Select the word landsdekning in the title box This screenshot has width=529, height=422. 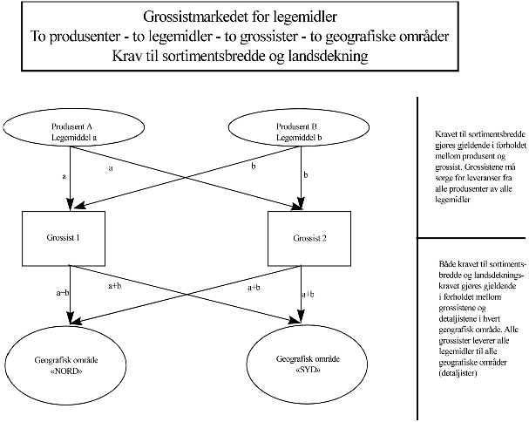pos(324,55)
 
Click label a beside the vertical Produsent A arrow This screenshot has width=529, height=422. pos(64,177)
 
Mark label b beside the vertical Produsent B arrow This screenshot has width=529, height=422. pos(306,175)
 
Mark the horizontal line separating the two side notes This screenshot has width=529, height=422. pos(471,238)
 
